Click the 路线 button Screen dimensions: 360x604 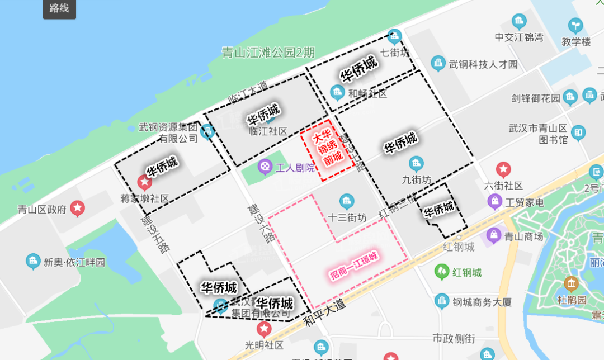tap(59, 10)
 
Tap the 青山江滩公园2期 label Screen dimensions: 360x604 tap(268, 53)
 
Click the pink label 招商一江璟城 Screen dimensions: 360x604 tap(353, 266)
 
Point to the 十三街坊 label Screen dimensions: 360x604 tap(347, 217)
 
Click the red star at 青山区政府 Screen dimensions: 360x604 tap(78, 209)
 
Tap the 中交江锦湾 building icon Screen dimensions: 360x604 tap(519, 22)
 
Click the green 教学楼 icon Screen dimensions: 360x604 tap(575, 26)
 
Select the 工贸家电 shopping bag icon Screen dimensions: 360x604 tap(494, 202)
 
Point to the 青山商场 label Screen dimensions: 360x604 tap(523, 236)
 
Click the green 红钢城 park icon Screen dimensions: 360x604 tap(442, 272)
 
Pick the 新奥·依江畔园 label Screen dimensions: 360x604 tap(74, 262)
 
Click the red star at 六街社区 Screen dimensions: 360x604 tap(504, 169)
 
